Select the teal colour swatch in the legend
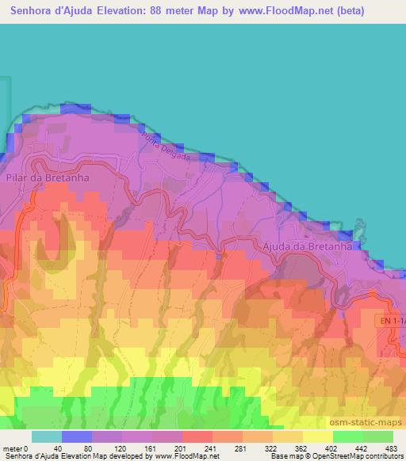[47, 436]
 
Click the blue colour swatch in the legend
[77, 436]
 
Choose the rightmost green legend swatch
[377, 436]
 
